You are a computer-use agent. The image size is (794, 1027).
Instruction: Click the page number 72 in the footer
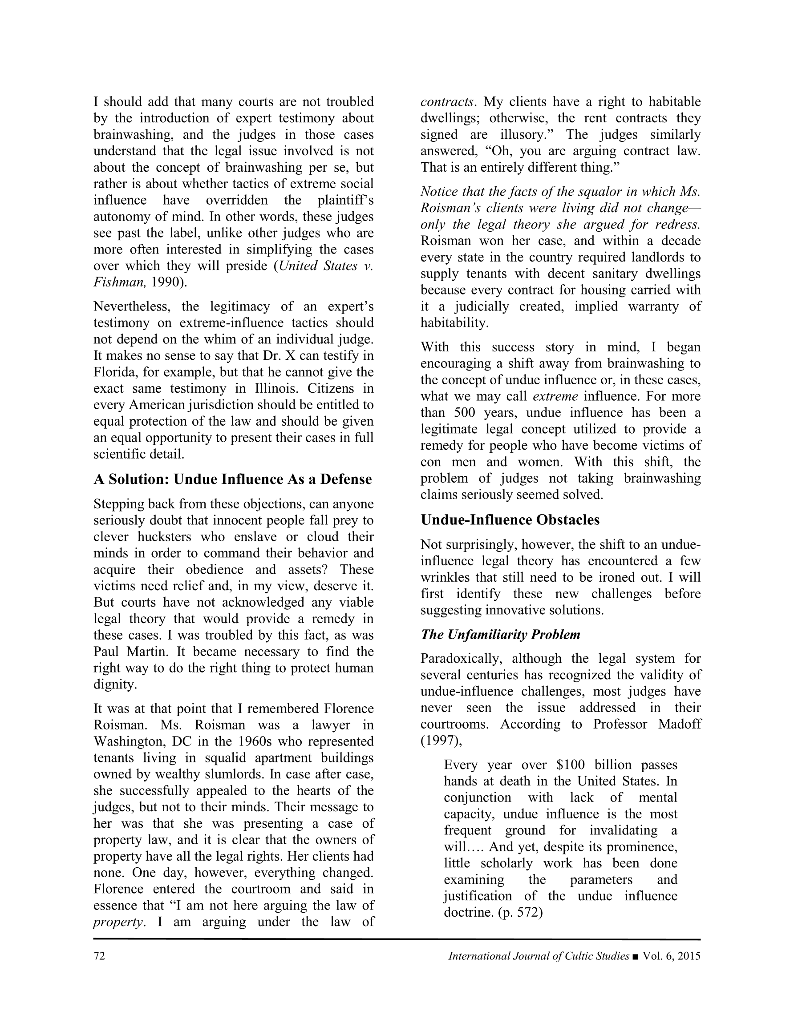(99, 956)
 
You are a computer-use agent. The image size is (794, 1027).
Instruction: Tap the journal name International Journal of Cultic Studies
(539, 956)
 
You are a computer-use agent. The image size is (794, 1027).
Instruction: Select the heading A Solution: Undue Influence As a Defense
(232, 479)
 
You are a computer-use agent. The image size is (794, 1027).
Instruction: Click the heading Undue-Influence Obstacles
(510, 520)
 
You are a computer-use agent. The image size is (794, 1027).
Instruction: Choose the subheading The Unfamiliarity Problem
(500, 634)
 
